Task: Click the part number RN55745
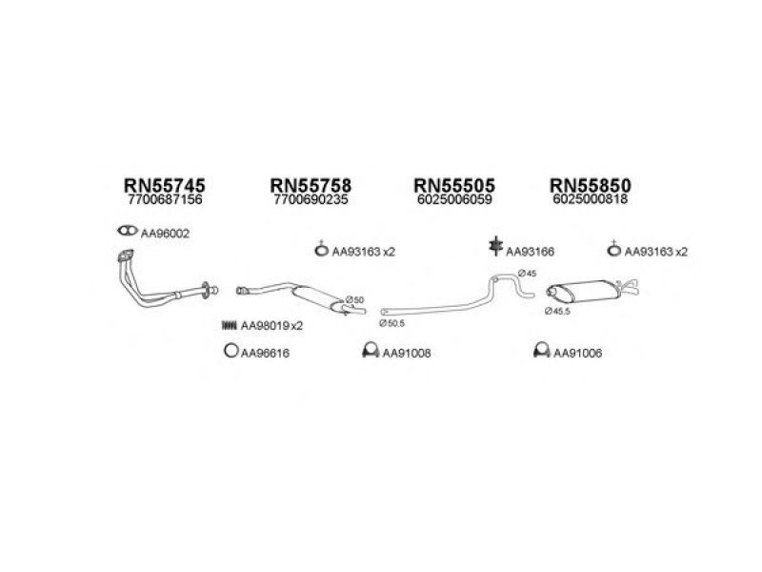click(x=164, y=185)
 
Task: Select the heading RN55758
click(x=311, y=185)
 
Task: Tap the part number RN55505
click(x=454, y=185)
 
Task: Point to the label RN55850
click(x=591, y=185)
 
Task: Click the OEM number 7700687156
click(x=165, y=199)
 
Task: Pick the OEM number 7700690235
click(x=311, y=199)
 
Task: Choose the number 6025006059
click(x=455, y=199)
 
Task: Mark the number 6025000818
click(x=591, y=199)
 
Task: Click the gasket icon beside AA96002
click(x=128, y=231)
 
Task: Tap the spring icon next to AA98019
click(x=229, y=325)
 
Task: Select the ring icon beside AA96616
click(x=231, y=350)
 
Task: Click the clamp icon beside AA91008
click(x=371, y=350)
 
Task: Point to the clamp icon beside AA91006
click(x=541, y=350)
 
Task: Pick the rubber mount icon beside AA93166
click(x=495, y=246)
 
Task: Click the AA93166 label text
click(x=531, y=252)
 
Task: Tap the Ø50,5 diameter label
click(x=392, y=323)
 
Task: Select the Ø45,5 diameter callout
click(x=557, y=312)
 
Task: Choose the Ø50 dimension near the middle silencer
click(x=354, y=300)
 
